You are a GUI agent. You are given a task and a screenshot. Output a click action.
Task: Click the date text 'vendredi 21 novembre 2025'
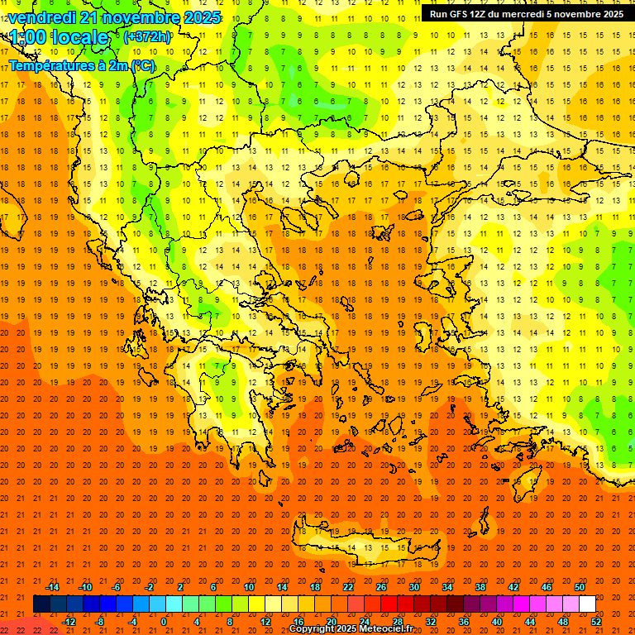(x=115, y=17)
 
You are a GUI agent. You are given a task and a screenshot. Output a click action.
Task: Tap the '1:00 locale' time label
(x=59, y=37)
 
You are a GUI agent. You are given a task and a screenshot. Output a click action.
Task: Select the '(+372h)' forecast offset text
(x=146, y=37)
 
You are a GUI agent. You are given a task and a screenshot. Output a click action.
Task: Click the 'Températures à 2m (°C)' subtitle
(x=81, y=64)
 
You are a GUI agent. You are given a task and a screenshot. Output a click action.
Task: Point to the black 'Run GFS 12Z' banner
(x=527, y=14)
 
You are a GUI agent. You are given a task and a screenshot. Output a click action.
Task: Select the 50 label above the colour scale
(x=580, y=587)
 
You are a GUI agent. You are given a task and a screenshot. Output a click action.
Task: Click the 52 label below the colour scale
(x=597, y=621)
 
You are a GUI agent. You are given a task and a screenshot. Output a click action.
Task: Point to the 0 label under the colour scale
(x=164, y=621)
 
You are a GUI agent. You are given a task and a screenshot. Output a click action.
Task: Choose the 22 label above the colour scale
(x=348, y=587)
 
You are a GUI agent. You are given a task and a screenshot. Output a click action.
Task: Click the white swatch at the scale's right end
(x=587, y=604)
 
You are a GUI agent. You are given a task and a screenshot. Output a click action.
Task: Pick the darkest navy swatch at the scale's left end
(x=41, y=604)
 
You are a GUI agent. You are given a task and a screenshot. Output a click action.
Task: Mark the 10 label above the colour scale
(x=249, y=587)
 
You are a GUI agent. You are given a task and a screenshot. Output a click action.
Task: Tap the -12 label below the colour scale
(x=69, y=621)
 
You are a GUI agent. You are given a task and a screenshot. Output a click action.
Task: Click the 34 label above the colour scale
(x=447, y=587)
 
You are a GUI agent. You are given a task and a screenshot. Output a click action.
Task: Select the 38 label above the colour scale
(x=480, y=587)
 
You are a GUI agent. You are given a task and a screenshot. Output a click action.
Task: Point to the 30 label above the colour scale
(x=414, y=587)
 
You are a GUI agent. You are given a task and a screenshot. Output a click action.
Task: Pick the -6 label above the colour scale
(x=117, y=587)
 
